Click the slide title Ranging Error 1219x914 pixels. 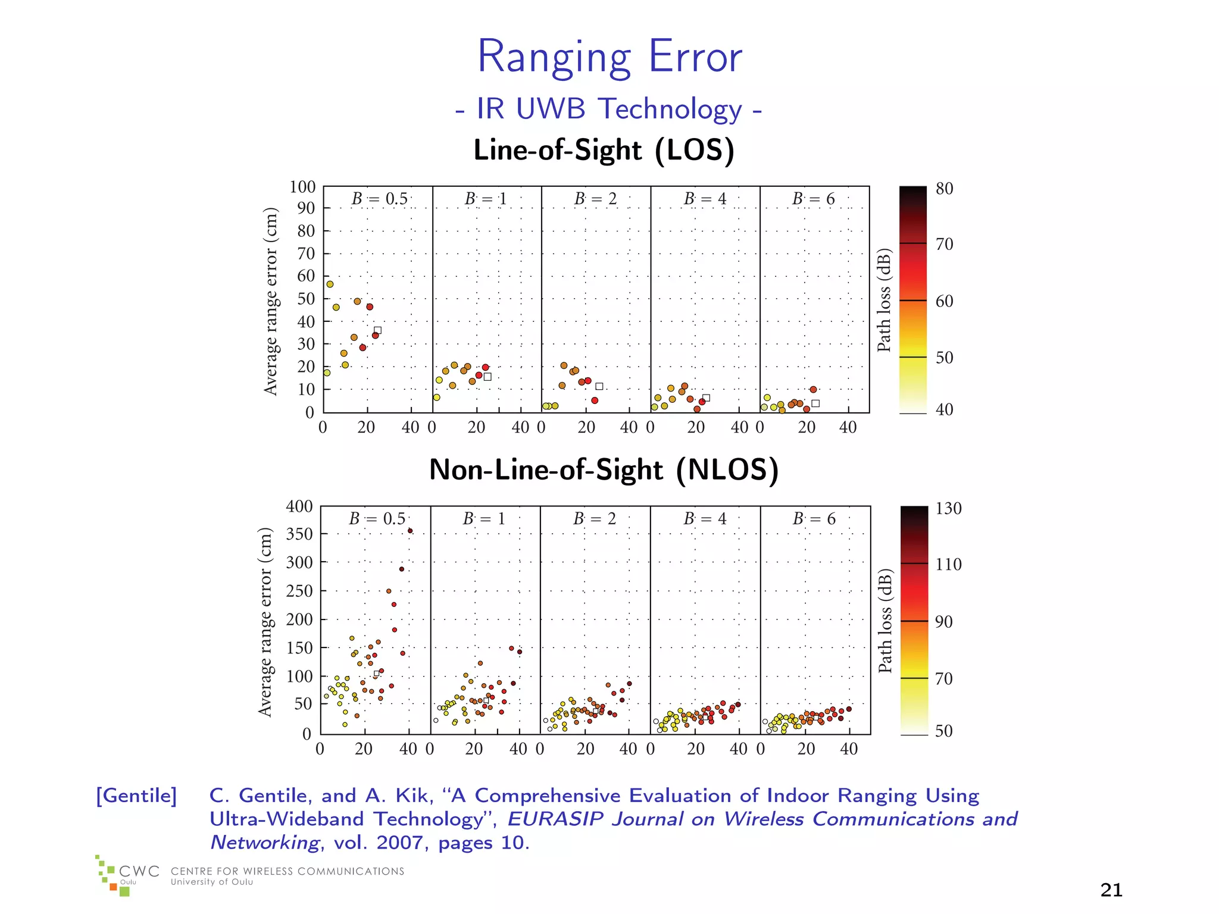pos(609,57)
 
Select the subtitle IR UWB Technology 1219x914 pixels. pos(608,109)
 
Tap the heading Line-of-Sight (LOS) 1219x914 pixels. pos(604,150)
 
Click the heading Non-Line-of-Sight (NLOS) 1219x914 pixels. pos(604,469)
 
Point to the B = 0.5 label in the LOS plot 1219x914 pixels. pos(379,199)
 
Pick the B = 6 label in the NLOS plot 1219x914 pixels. pos(814,519)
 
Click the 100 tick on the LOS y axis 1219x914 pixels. pos(302,187)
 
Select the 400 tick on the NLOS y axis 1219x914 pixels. pos(299,507)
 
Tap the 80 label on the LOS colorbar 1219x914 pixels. pos(944,189)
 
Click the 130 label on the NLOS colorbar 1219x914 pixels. pos(948,509)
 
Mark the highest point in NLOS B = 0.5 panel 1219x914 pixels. pos(410,531)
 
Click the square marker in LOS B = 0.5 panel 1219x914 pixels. pos(377,330)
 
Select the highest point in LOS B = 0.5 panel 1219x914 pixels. pos(330,284)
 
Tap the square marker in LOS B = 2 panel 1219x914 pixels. pos(599,386)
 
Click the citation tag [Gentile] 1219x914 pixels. pos(136,796)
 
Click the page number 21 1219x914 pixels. pos(1111,890)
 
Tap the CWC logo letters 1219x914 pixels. pos(139,871)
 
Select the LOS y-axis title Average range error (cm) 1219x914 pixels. pos(271,301)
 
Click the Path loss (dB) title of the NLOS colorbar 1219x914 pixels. pos(886,621)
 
